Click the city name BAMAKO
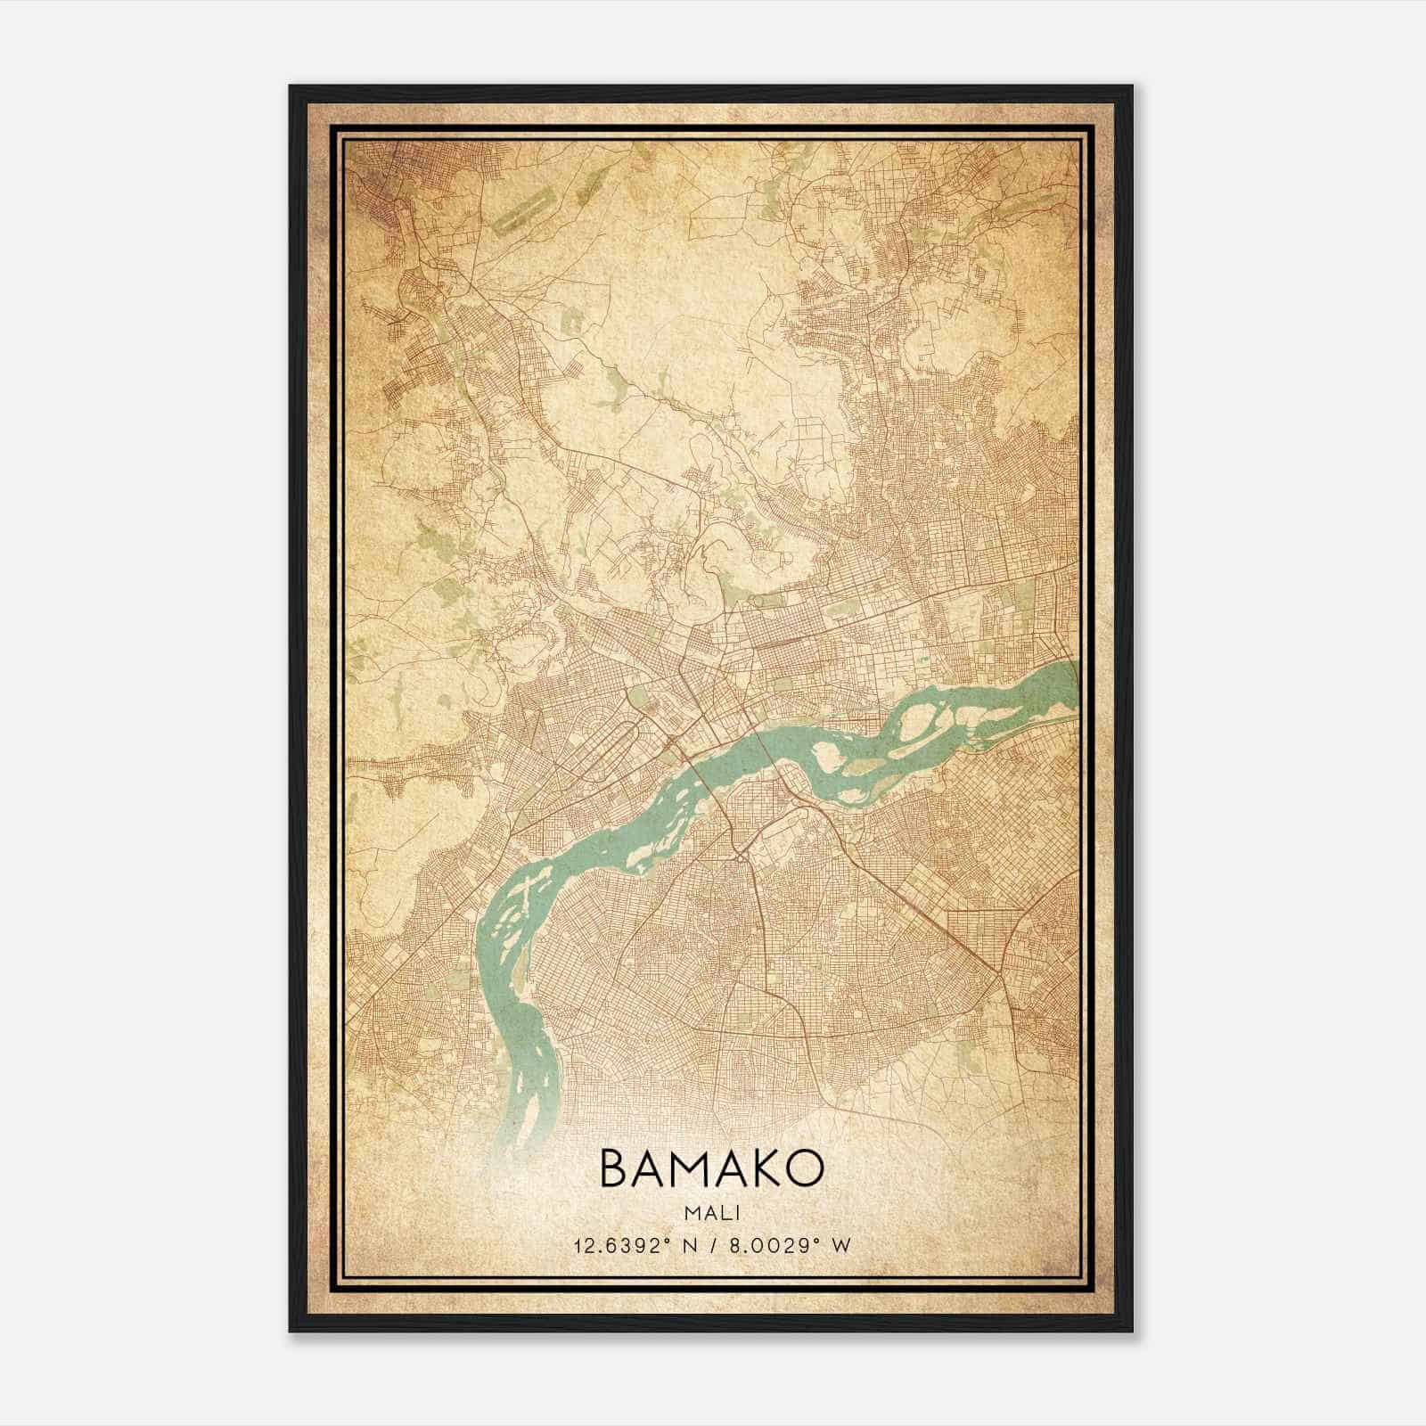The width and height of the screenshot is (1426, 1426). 712,1168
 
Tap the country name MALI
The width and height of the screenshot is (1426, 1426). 713,1213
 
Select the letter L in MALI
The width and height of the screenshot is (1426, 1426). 726,1213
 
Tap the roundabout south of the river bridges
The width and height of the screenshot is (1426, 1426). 742,856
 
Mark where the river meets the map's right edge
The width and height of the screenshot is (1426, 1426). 1075,684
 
